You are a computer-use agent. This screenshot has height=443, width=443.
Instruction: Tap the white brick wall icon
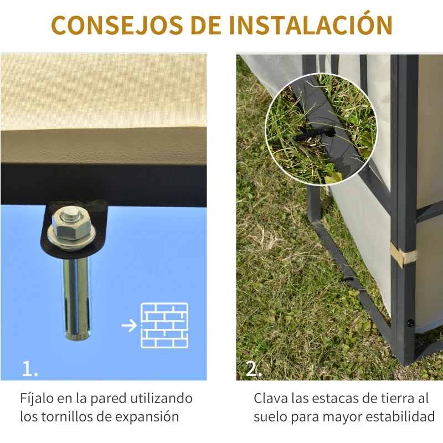point(164,325)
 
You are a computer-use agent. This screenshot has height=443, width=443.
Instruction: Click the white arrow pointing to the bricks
point(128,325)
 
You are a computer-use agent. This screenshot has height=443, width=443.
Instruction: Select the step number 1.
point(30,369)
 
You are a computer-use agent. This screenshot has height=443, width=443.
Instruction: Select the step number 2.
point(254,369)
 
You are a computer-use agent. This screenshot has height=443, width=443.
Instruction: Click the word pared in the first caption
point(109,399)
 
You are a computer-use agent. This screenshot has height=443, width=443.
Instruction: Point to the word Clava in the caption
point(271,399)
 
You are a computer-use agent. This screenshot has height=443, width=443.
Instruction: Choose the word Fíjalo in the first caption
point(38,399)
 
